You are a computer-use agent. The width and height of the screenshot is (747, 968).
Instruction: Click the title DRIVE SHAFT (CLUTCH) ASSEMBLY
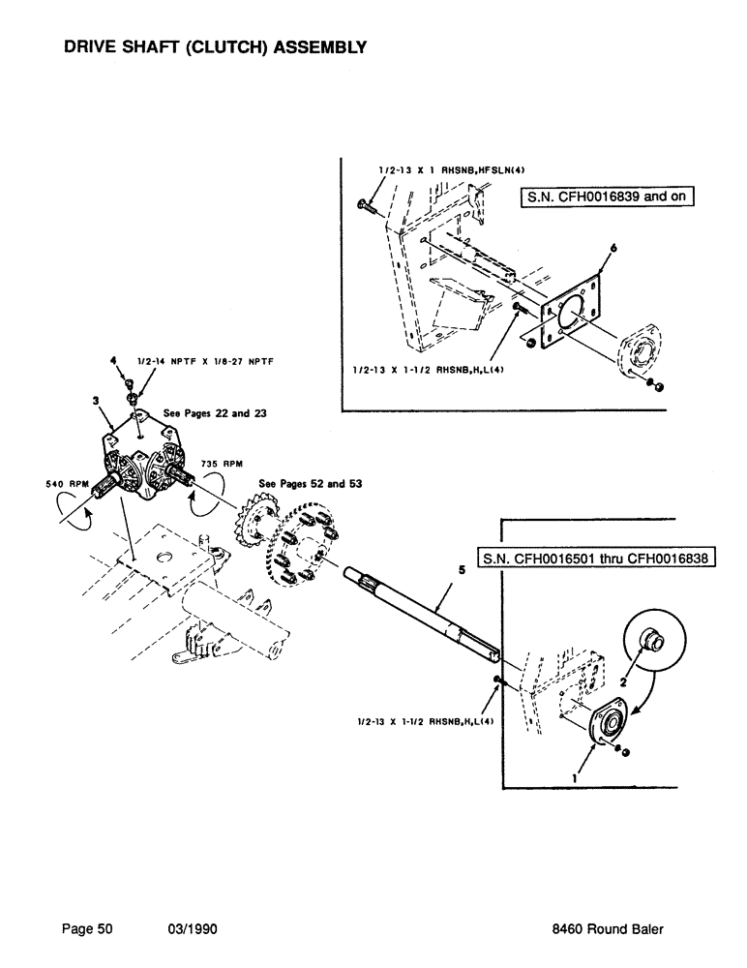[214, 46]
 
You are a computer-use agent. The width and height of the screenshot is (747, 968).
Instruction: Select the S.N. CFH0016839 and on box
[608, 199]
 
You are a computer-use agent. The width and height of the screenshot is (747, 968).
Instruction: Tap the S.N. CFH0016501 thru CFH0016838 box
[596, 560]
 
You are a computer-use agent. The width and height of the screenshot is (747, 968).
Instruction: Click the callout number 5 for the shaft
[462, 572]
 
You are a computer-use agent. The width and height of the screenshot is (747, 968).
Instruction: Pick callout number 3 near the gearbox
[96, 399]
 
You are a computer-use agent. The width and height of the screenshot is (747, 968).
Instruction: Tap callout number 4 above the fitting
[114, 360]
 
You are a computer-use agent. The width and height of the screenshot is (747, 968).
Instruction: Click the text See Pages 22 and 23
[201, 413]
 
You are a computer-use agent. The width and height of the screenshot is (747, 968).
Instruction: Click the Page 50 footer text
[88, 928]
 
